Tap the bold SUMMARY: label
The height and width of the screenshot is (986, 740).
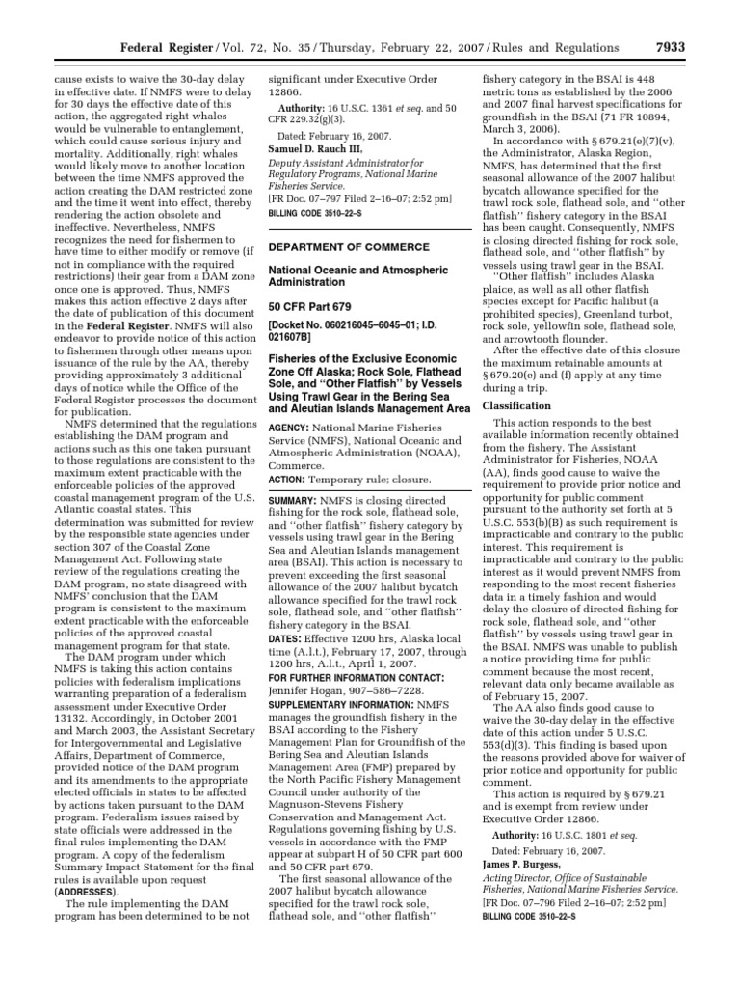[x=295, y=502]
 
